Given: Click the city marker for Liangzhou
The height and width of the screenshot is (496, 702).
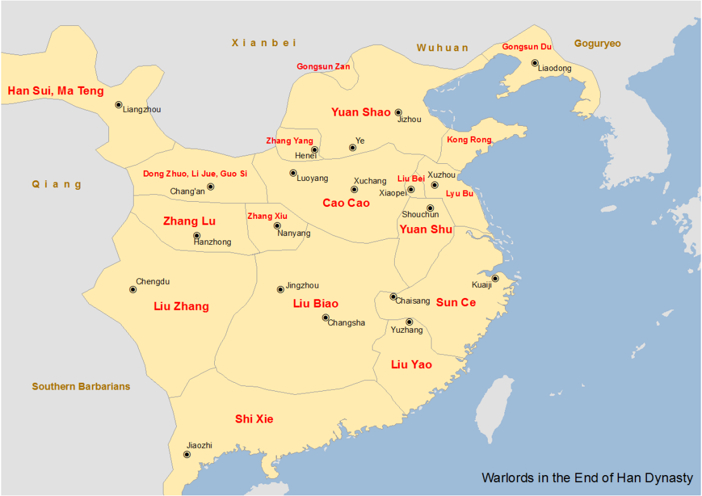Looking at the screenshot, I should pos(118,105).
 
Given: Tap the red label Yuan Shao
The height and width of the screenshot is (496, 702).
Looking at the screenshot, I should pos(361,113).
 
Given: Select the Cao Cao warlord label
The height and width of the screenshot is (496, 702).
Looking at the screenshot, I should pos(346,203).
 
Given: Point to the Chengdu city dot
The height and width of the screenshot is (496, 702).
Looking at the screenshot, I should pos(133,290).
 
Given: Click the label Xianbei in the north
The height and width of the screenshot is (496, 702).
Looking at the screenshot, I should pos(264,43).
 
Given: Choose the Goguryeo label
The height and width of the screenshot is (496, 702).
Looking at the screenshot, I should pos(597,44).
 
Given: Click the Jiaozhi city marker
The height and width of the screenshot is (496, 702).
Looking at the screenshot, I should pos(187,454).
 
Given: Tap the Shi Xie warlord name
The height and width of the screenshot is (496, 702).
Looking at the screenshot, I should pos(254,419).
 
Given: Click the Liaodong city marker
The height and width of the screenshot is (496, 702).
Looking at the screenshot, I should pos(535,63).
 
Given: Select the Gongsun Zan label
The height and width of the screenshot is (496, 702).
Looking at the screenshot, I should pos(322,66).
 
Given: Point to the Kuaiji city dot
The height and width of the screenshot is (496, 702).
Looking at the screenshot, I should pos(495,278).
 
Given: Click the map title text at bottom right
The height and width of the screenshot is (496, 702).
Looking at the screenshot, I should pos(587,478).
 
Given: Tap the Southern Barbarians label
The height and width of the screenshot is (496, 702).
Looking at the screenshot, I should pos(81,387).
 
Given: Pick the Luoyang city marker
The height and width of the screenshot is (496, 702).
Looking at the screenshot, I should pos(293,173).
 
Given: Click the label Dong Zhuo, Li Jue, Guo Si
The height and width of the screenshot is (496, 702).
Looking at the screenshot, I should pos(195,173).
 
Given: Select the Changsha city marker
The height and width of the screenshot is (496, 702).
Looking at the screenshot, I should pos(326,318).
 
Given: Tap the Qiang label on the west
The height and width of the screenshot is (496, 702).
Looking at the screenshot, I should pos(57,185).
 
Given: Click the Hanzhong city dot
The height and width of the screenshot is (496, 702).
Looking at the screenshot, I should pos(197,236).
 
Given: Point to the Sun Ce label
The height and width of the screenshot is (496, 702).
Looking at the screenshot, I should pos(456,302).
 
